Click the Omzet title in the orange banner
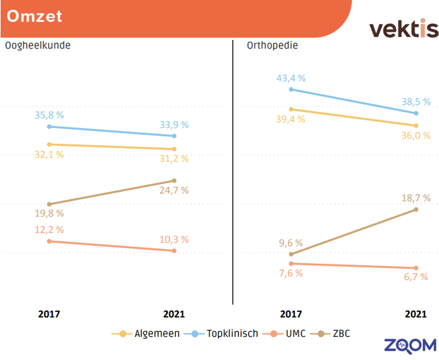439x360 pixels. tap(35, 16)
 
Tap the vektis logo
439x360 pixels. tap(403, 29)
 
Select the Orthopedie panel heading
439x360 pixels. tap(272, 46)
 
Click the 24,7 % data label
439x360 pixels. tap(175, 190)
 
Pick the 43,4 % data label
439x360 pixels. tap(292, 79)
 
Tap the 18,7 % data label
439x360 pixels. tap(417, 198)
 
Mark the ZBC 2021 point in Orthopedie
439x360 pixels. tap(416, 210)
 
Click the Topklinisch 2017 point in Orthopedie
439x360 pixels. tap(291, 90)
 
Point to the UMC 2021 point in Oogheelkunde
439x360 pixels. tap(174, 251)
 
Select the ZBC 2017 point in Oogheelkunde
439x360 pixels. tap(49, 204)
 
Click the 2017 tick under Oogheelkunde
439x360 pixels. tap(49, 314)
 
